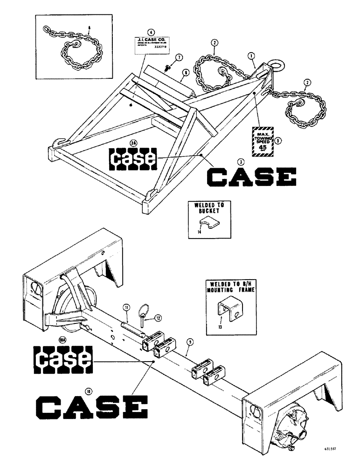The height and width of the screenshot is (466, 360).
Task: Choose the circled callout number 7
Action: pos(179,57)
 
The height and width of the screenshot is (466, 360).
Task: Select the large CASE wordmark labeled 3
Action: pos(252,179)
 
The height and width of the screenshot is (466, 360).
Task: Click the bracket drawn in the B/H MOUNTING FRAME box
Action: pos(228,311)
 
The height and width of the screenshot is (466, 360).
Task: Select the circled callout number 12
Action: pos(158,318)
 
